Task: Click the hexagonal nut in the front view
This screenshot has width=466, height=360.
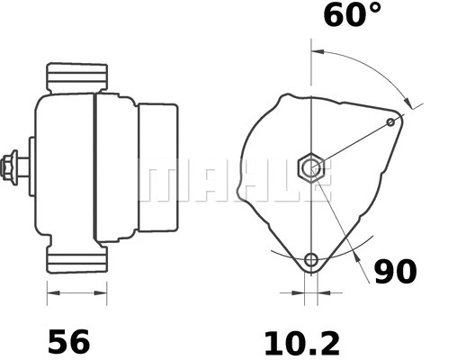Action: coord(311,166)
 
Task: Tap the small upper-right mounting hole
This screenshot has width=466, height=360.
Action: coord(390,121)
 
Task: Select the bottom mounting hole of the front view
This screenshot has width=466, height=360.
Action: coord(311,261)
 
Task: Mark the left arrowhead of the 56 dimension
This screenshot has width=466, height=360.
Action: coord(51,292)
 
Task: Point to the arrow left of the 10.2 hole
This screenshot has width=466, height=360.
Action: coord(295,292)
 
